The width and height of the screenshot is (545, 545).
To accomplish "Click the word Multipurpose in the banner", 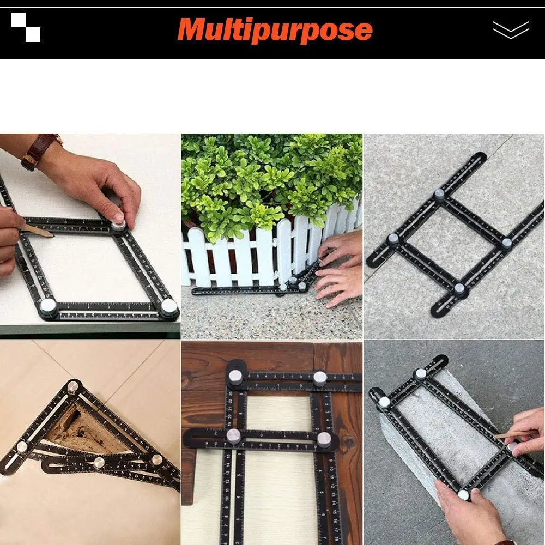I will point(275,29).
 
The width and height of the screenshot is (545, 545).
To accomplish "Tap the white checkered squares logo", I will point(26,27).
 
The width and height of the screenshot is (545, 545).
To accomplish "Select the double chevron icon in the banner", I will point(510,29).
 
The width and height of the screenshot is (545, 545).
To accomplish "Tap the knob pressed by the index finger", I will point(119,224).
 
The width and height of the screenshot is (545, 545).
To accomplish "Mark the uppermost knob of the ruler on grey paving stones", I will point(439,195).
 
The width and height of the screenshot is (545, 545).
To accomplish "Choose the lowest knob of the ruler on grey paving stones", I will point(459,288).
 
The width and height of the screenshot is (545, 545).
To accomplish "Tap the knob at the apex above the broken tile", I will point(72,387).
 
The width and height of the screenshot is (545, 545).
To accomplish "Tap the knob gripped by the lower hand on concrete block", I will point(463,494).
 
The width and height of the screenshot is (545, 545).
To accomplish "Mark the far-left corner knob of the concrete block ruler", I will point(384,402).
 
